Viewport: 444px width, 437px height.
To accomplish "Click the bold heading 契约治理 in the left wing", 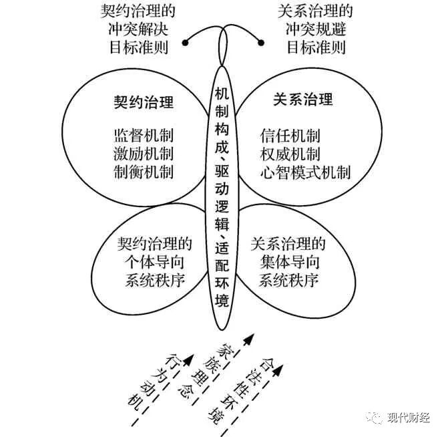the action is (x=144, y=103).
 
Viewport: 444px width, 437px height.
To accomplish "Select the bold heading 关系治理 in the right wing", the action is (x=303, y=101).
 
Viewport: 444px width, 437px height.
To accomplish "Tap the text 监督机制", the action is (x=144, y=134).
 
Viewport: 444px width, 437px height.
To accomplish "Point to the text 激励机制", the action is (x=144, y=153).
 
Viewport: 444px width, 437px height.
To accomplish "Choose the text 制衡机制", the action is (x=144, y=172).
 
